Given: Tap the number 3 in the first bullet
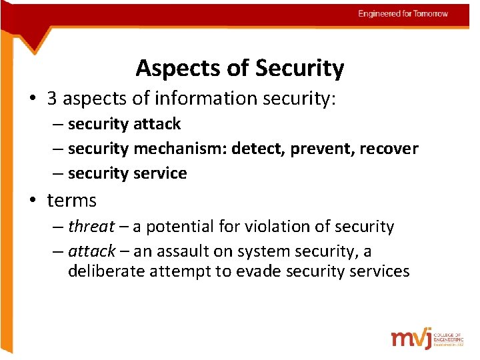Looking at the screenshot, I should click(52, 99).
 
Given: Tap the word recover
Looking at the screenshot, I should click(389, 148).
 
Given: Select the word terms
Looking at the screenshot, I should click(72, 200).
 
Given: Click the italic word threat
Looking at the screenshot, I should click(91, 227).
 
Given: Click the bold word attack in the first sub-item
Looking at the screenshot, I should click(157, 124).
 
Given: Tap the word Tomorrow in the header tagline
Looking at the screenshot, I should click(431, 13).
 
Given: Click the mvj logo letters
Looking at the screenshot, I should click(411, 338).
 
